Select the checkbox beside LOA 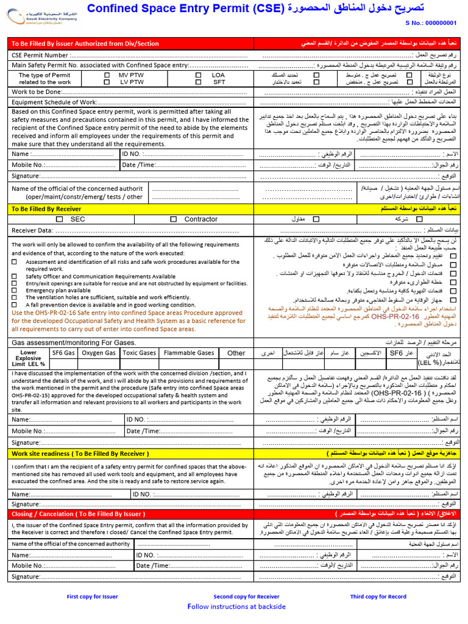click(x=199, y=75)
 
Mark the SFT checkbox click(x=199, y=82)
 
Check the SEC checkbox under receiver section click(x=59, y=219)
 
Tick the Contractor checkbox click(x=174, y=219)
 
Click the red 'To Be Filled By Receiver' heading click(x=46, y=209)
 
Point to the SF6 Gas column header click(x=63, y=353)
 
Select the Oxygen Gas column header click(x=99, y=353)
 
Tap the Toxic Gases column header click(x=140, y=353)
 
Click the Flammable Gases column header click(x=189, y=353)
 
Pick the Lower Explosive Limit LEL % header click(x=29, y=358)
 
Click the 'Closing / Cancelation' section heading click(x=79, y=514)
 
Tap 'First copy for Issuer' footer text click(x=93, y=597)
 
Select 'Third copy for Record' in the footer click(x=378, y=597)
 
